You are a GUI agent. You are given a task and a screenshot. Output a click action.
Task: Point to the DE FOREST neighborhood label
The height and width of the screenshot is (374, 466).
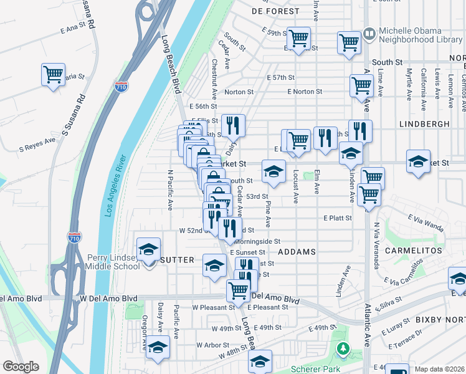pos(275,11)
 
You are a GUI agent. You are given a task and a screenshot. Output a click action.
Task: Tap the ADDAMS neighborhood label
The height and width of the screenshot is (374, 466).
pos(297,252)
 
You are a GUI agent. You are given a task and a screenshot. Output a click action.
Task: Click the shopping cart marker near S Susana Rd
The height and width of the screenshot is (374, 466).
pos(53,74)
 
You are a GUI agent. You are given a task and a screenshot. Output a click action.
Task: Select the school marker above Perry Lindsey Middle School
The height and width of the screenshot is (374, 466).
pos(149,249)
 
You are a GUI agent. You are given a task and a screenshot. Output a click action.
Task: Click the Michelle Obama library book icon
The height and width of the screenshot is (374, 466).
pos(369,32)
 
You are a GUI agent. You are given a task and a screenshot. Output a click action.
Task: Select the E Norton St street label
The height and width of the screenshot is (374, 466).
pos(305,92)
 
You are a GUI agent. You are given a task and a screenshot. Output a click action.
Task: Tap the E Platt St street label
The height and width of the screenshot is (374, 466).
pos(338,218)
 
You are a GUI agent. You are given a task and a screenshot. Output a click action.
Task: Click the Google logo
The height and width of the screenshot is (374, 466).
pos(21,367)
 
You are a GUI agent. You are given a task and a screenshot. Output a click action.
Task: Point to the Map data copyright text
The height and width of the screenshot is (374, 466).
pos(440,369)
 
